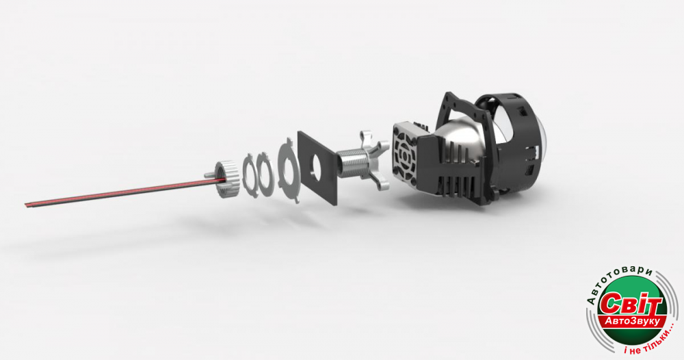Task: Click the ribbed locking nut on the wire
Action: click(x=228, y=178)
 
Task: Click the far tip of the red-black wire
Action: click(x=25, y=204)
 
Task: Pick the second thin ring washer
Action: click(x=264, y=174)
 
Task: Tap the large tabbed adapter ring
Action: click(x=289, y=170)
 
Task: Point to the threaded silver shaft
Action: click(x=352, y=162)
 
